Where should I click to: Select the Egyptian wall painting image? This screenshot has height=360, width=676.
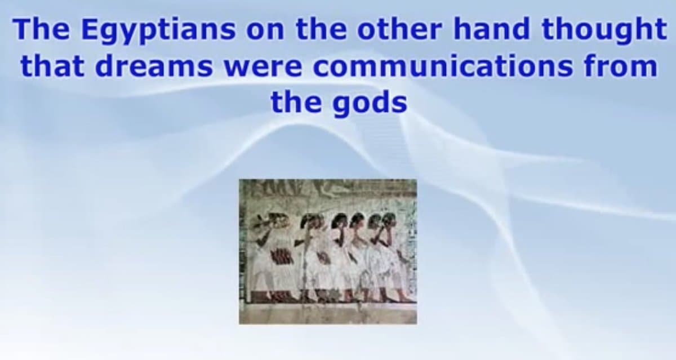click(328, 251)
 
